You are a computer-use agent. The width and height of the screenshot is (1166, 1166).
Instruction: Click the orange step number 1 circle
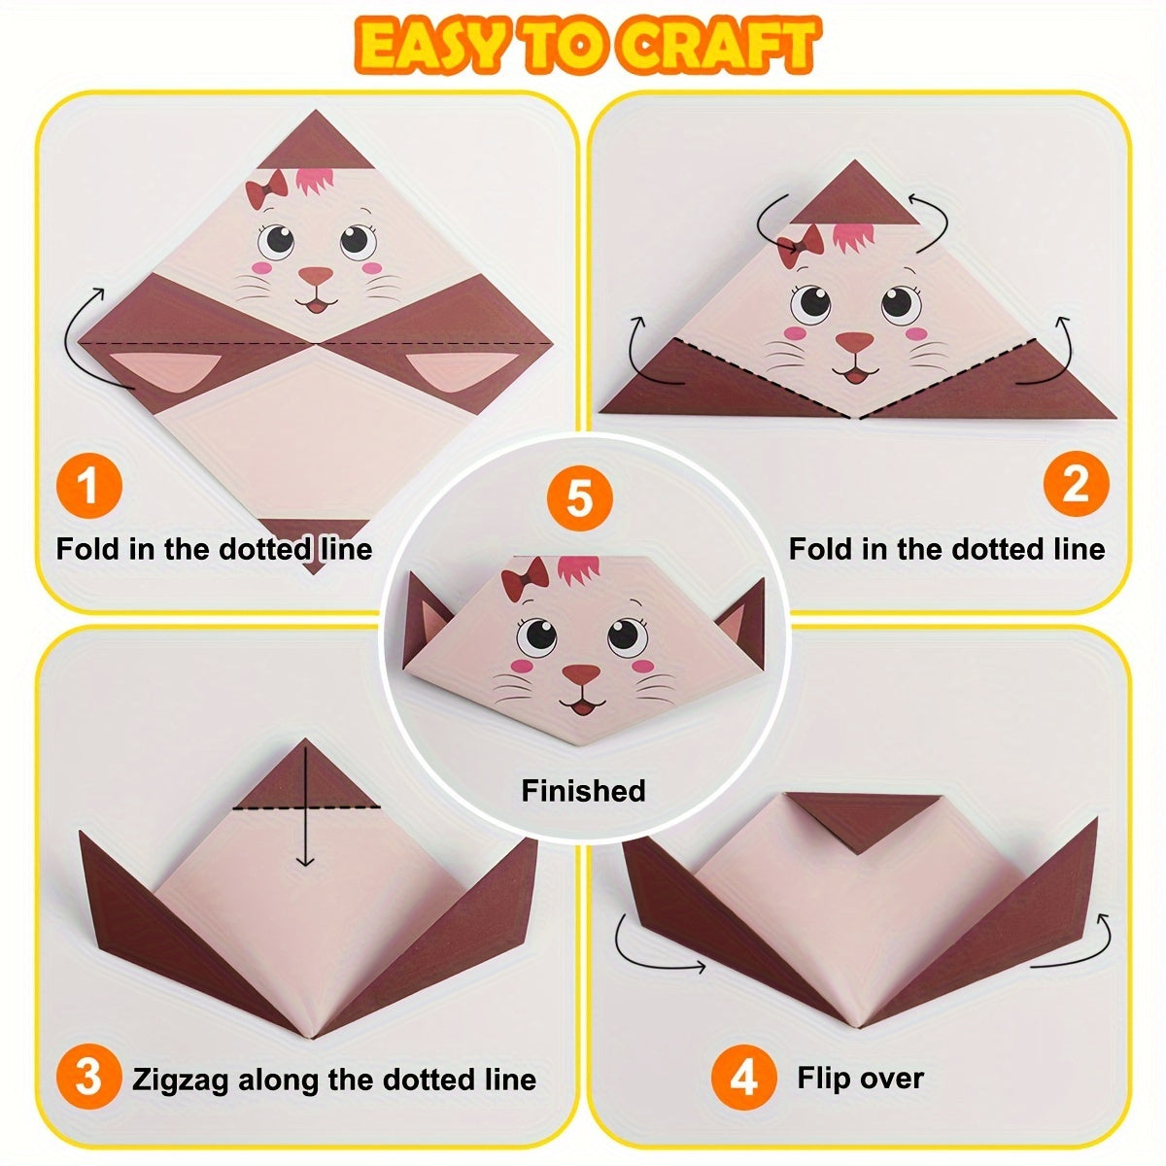(88, 484)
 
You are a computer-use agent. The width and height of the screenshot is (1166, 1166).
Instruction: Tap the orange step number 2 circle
(1076, 484)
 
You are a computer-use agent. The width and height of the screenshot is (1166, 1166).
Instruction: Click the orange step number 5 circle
(579, 499)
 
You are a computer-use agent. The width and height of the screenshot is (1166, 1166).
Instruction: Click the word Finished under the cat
(583, 790)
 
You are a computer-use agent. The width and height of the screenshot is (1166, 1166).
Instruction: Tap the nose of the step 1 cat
(315, 278)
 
